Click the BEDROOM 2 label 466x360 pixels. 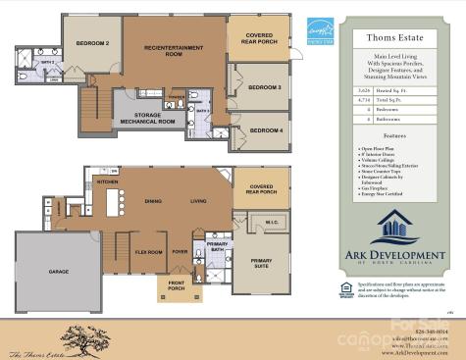pos(92,43)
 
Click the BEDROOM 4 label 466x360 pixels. pos(264,129)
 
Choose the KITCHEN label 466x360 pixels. pos(108,181)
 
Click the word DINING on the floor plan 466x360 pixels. pos(154,201)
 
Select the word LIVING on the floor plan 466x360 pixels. pos(199,201)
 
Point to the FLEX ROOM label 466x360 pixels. pos(148,251)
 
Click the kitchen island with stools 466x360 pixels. pos(112,201)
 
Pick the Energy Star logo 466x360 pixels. pos(321,31)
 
